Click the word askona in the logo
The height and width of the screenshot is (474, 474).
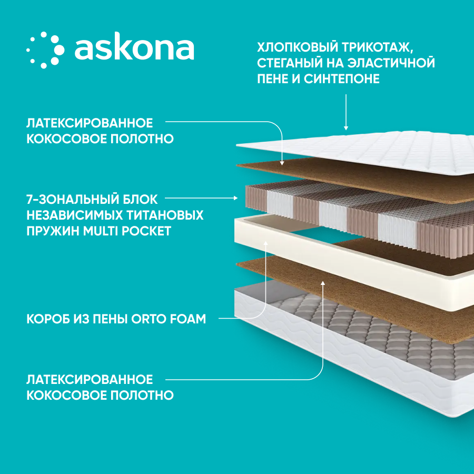pos(134,48)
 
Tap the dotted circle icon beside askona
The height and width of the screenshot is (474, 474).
pos(45,50)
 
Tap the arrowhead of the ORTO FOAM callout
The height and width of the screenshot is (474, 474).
pos(266,243)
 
